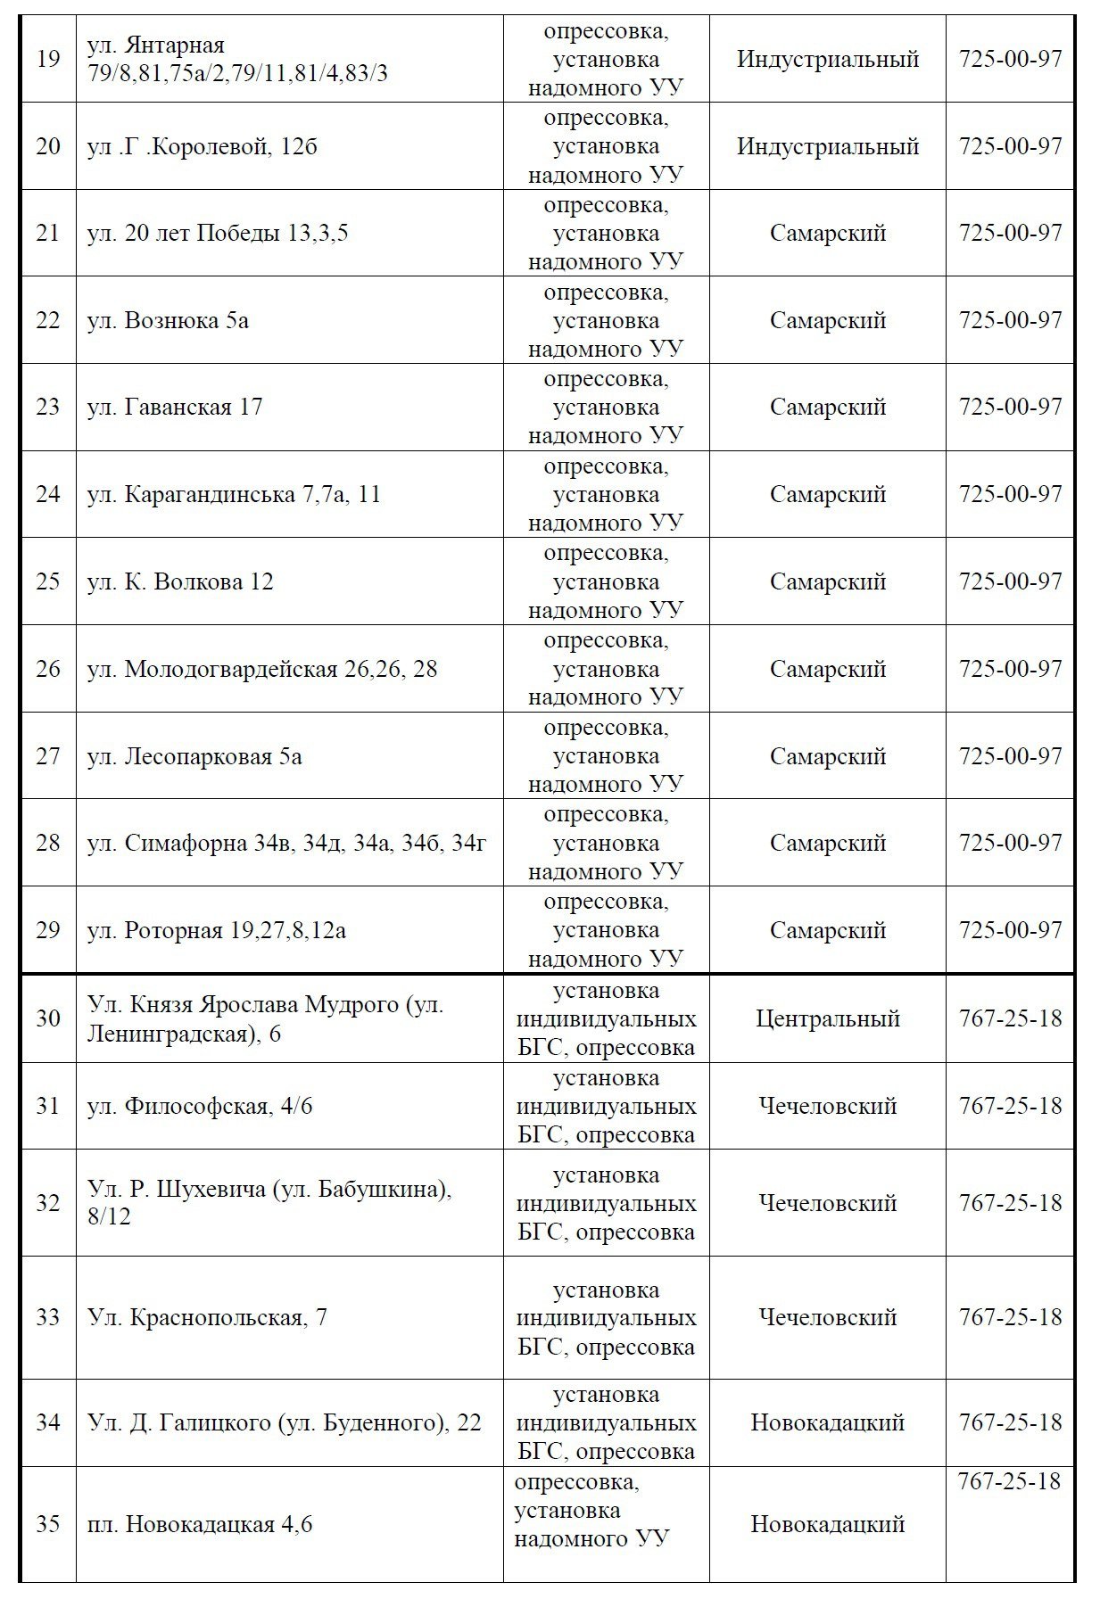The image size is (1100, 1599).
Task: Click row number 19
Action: pos(48,59)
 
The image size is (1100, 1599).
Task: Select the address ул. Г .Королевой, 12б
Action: pos(202,146)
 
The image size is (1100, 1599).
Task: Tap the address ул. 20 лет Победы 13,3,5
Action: pos(218,233)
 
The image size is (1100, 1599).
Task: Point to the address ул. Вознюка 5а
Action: pos(168,320)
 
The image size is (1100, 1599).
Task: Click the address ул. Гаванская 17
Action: pos(175,407)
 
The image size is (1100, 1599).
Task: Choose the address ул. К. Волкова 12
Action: pos(180,581)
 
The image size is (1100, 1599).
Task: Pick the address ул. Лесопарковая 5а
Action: pos(194,756)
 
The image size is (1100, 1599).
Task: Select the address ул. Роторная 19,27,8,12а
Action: pos(217,930)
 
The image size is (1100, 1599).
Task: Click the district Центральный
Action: pos(827,1018)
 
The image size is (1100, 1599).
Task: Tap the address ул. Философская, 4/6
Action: pos(200,1106)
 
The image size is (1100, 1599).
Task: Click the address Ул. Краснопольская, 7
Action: pos(207,1317)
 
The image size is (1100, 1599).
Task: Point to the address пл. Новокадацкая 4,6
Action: pos(200,1524)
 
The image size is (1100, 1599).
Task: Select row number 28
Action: pos(48,843)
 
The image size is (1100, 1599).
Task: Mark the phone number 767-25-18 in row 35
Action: pos(1009,1481)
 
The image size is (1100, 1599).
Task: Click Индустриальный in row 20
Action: pos(827,146)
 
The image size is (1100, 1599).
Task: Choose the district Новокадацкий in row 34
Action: pos(827,1422)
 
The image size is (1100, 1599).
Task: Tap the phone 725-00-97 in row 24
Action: pos(1010,494)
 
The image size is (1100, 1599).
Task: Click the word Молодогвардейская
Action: pos(231,669)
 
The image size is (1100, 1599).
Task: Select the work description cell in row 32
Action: pos(606,1203)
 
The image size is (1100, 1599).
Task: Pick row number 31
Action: pos(48,1106)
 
